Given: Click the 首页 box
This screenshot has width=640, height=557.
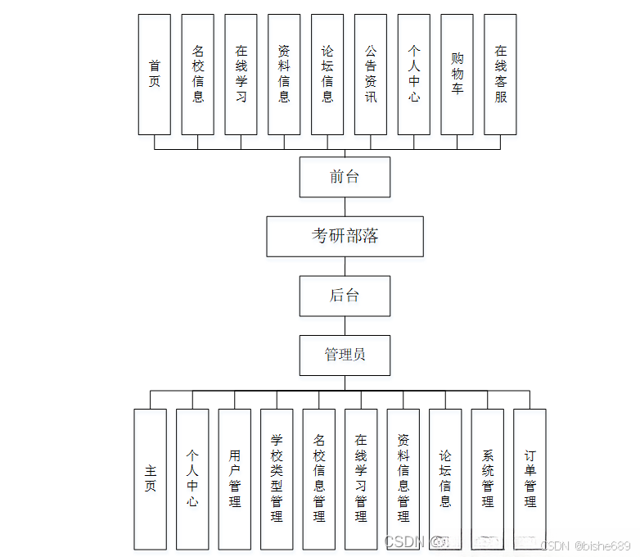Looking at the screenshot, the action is (155, 74).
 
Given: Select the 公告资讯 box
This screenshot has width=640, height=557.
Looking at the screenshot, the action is (371, 74).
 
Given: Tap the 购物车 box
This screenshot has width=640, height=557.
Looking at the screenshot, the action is (457, 74).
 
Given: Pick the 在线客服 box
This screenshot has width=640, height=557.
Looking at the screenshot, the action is (500, 74).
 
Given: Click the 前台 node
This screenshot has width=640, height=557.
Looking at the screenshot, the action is (345, 177).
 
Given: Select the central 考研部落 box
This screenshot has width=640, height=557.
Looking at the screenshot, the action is (345, 237).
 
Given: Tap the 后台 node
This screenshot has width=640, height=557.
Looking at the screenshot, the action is (345, 296).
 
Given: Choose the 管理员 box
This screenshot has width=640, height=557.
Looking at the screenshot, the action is (345, 355).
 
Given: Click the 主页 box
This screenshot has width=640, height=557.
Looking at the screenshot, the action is (150, 478).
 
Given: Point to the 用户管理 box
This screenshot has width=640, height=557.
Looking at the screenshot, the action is (235, 478).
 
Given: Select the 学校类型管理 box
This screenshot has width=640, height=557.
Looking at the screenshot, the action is (277, 478).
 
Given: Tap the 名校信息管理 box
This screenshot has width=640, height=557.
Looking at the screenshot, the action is (319, 478).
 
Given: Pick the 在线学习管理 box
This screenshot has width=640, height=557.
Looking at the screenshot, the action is (361, 478).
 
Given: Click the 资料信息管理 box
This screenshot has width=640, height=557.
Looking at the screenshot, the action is (403, 478).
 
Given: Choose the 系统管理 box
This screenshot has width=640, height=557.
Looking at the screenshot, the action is (488, 478).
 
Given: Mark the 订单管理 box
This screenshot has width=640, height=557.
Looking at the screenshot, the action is (530, 478).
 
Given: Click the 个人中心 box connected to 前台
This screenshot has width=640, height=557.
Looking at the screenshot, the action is (414, 74).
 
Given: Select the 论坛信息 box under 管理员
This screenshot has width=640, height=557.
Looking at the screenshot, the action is (445, 478).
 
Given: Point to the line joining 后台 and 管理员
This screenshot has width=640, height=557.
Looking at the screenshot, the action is (345, 325).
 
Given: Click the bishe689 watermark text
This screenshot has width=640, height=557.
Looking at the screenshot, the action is (602, 546).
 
